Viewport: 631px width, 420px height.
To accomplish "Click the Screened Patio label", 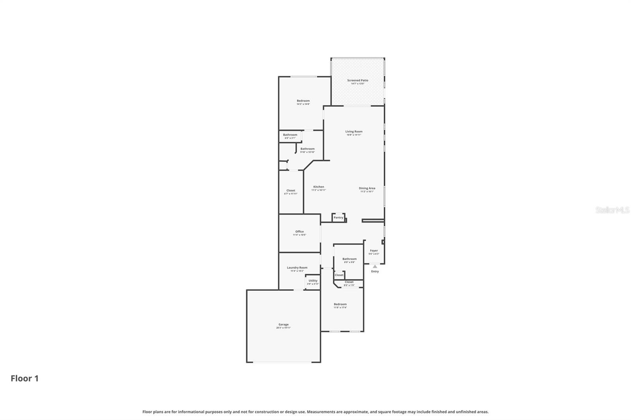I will click(x=357, y=80).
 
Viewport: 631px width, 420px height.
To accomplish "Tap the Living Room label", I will click(x=354, y=132).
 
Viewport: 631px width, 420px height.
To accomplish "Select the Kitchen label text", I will click(x=319, y=187).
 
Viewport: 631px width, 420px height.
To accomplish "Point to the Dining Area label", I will click(x=367, y=188).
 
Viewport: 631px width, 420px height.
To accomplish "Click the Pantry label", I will click(x=338, y=217).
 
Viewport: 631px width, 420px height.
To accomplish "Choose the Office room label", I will click(x=299, y=232).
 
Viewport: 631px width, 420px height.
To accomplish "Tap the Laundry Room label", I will click(x=297, y=268).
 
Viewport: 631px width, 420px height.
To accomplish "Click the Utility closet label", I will click(x=313, y=281).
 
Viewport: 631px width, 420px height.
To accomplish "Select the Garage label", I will click(x=283, y=325).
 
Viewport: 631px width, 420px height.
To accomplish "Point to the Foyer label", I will click(x=373, y=251).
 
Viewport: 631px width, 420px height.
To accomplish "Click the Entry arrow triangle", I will click(x=375, y=267).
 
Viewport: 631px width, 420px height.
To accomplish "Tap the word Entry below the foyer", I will click(x=375, y=271).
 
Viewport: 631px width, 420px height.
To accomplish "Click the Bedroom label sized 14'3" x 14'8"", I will click(x=303, y=101).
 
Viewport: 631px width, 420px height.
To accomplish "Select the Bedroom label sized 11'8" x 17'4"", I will click(x=340, y=304).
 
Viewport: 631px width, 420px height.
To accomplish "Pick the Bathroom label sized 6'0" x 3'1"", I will click(x=290, y=135).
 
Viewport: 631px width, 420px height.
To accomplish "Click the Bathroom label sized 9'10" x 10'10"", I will click(x=307, y=149).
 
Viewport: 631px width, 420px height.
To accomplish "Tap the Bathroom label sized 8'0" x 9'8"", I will click(x=349, y=259).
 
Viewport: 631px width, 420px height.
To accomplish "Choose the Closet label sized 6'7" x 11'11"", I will click(x=291, y=191).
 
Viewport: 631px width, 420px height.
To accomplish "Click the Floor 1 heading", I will click(x=24, y=379).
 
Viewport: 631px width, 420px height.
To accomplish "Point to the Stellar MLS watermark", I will click(x=612, y=210).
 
